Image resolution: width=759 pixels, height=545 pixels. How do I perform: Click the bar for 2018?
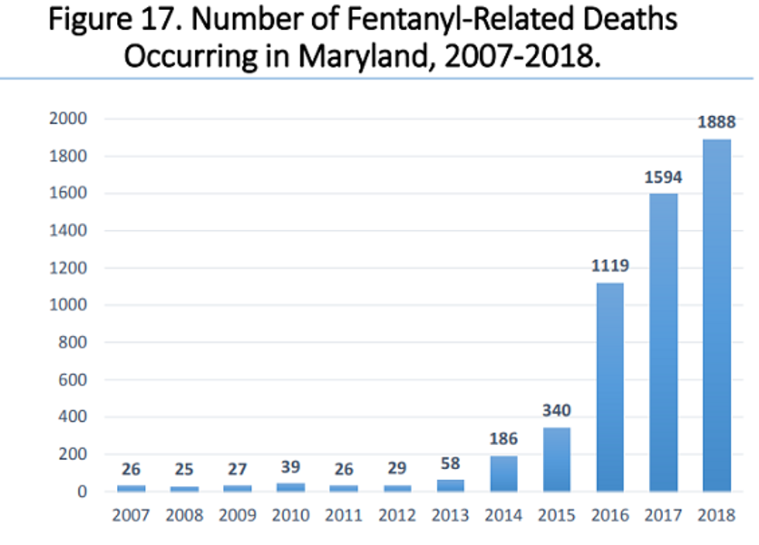[716, 315]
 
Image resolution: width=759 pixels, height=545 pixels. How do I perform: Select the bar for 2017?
[664, 342]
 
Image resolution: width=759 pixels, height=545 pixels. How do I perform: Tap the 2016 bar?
[610, 387]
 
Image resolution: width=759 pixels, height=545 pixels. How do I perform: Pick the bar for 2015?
[557, 459]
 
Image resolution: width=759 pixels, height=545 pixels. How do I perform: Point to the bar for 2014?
[503, 474]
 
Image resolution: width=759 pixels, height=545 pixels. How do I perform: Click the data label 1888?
[716, 122]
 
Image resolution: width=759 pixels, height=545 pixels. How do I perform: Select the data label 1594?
[664, 177]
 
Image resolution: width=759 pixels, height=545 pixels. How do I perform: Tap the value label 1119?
[610, 266]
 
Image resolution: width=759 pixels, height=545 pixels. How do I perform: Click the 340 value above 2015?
[557, 410]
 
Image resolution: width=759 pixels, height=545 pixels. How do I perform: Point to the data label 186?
[503, 439]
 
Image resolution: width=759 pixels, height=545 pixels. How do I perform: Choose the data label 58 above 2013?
[450, 463]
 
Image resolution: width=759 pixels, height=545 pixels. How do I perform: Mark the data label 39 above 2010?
[290, 467]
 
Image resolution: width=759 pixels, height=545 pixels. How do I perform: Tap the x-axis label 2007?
[131, 515]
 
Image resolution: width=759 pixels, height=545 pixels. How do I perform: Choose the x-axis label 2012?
[397, 515]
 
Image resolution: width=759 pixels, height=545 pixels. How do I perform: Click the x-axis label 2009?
[237, 515]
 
